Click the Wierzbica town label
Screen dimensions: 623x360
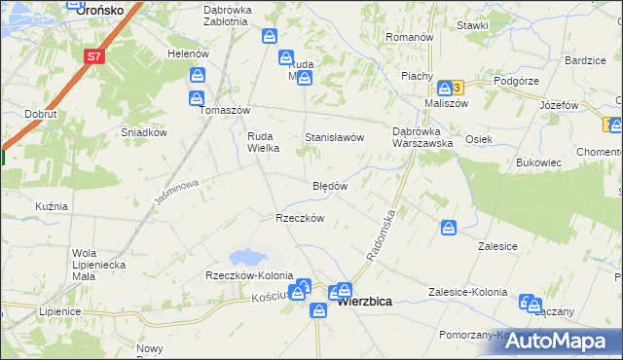[365, 302]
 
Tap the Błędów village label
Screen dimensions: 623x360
[330, 185]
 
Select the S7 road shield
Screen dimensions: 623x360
[93, 56]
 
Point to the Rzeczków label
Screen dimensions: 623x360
[300, 218]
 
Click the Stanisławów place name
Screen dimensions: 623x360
[335, 138]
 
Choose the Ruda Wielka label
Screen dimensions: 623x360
[263, 142]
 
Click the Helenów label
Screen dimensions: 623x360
[189, 54]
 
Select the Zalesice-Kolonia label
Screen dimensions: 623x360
[468, 292]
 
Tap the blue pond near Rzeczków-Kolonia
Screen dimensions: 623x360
[245, 258]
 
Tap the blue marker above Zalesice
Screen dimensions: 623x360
[449, 228]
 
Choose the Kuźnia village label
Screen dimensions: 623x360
[51, 206]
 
